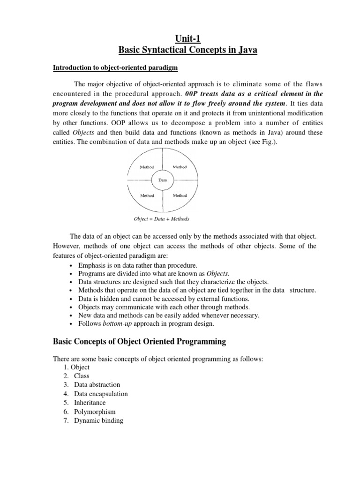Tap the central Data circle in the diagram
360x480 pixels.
click(x=161, y=180)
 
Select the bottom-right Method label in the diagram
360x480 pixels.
click(x=180, y=195)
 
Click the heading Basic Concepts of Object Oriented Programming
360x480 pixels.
click(x=139, y=342)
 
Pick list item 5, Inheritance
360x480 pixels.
click(x=90, y=403)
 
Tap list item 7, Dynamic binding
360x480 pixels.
click(x=98, y=420)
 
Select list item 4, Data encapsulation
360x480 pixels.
click(x=101, y=394)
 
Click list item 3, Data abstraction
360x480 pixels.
click(x=97, y=385)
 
